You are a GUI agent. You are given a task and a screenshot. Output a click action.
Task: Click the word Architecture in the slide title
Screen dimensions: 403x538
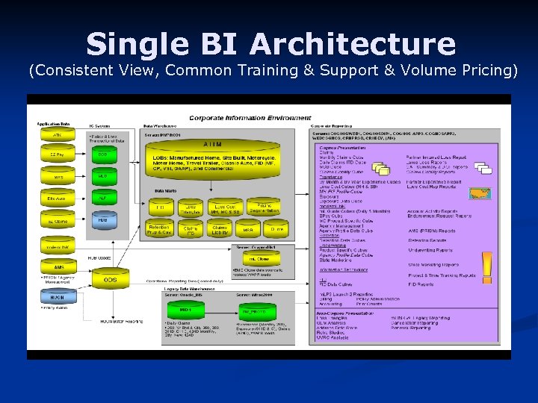point(352,44)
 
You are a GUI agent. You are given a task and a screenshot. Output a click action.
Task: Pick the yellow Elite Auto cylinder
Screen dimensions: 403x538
point(58,199)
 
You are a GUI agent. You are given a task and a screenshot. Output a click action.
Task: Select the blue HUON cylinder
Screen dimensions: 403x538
point(58,296)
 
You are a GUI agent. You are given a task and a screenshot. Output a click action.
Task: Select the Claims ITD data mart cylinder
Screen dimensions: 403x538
point(191,230)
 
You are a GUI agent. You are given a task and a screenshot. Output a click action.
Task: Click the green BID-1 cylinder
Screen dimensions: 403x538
point(185,308)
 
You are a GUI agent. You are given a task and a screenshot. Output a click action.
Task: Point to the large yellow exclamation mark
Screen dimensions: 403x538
point(486,267)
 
